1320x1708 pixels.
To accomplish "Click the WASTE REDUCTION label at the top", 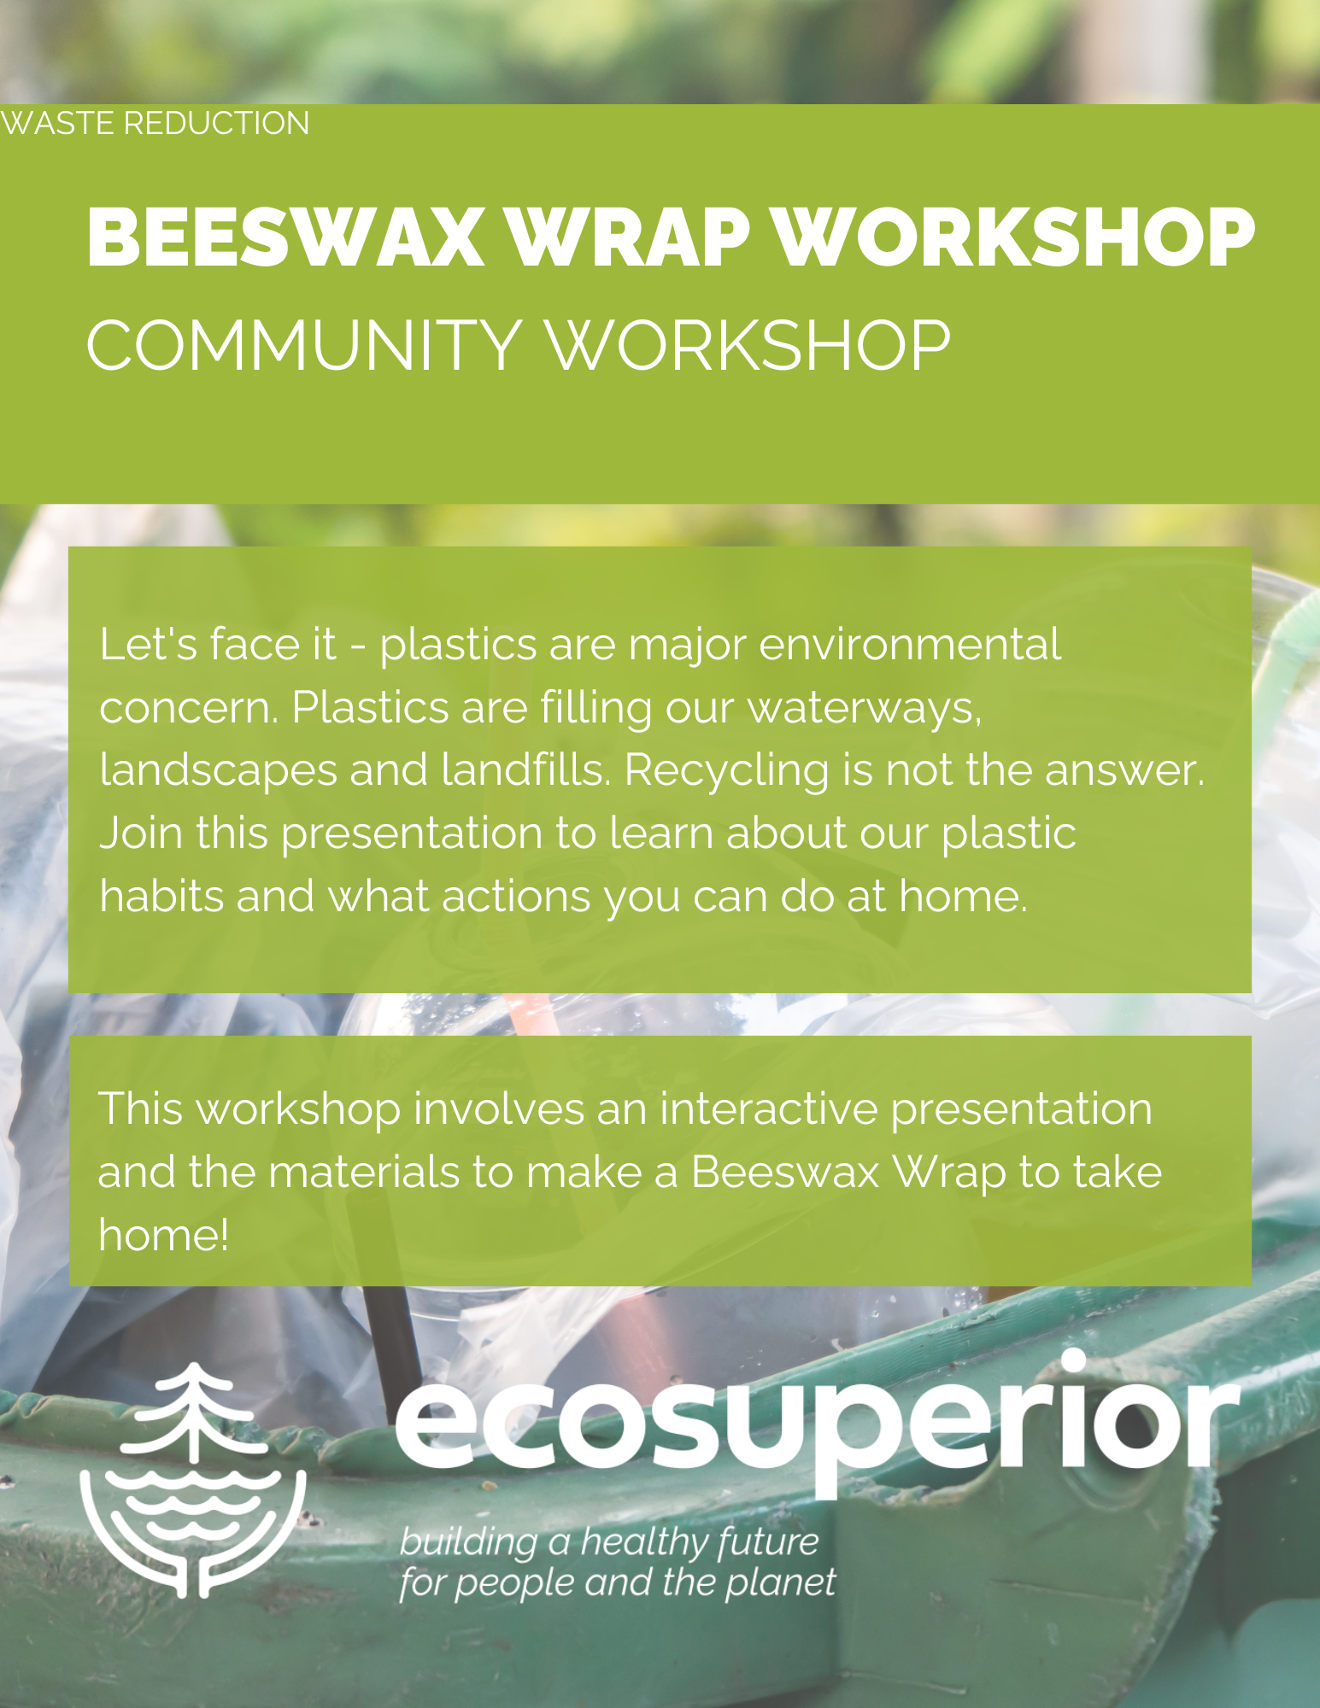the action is (155, 123).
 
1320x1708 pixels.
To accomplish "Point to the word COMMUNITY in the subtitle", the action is (304, 345).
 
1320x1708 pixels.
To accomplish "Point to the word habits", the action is (161, 896).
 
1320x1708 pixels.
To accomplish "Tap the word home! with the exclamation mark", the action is (163, 1234).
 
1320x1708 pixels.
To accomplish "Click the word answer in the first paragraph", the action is (1123, 771).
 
